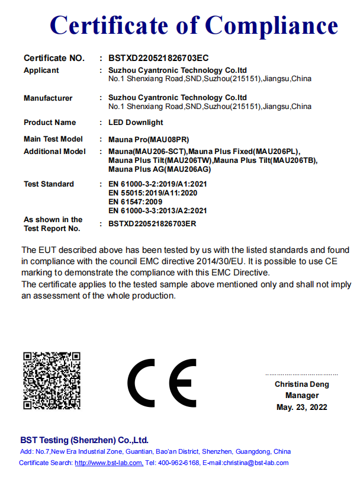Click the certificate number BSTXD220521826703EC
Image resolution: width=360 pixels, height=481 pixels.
click(x=159, y=58)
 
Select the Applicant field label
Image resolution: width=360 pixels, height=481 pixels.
click(x=41, y=70)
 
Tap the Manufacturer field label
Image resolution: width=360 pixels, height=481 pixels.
click(x=48, y=98)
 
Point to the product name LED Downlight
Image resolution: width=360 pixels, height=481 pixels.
click(x=136, y=123)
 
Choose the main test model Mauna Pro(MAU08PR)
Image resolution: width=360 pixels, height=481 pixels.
click(x=149, y=139)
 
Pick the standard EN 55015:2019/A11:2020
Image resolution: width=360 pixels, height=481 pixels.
click(x=153, y=193)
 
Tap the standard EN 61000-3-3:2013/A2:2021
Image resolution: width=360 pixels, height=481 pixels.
click(x=157, y=210)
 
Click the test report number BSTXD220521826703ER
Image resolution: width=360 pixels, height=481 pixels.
click(x=152, y=223)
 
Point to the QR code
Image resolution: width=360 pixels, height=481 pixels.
click(x=52, y=380)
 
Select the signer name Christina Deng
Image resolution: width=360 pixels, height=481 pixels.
click(x=301, y=384)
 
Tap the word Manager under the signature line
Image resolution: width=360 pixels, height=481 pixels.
click(x=301, y=396)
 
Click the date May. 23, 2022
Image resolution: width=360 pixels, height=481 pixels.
click(x=301, y=407)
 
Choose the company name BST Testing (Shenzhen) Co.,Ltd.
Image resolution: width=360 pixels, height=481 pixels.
click(x=84, y=440)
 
